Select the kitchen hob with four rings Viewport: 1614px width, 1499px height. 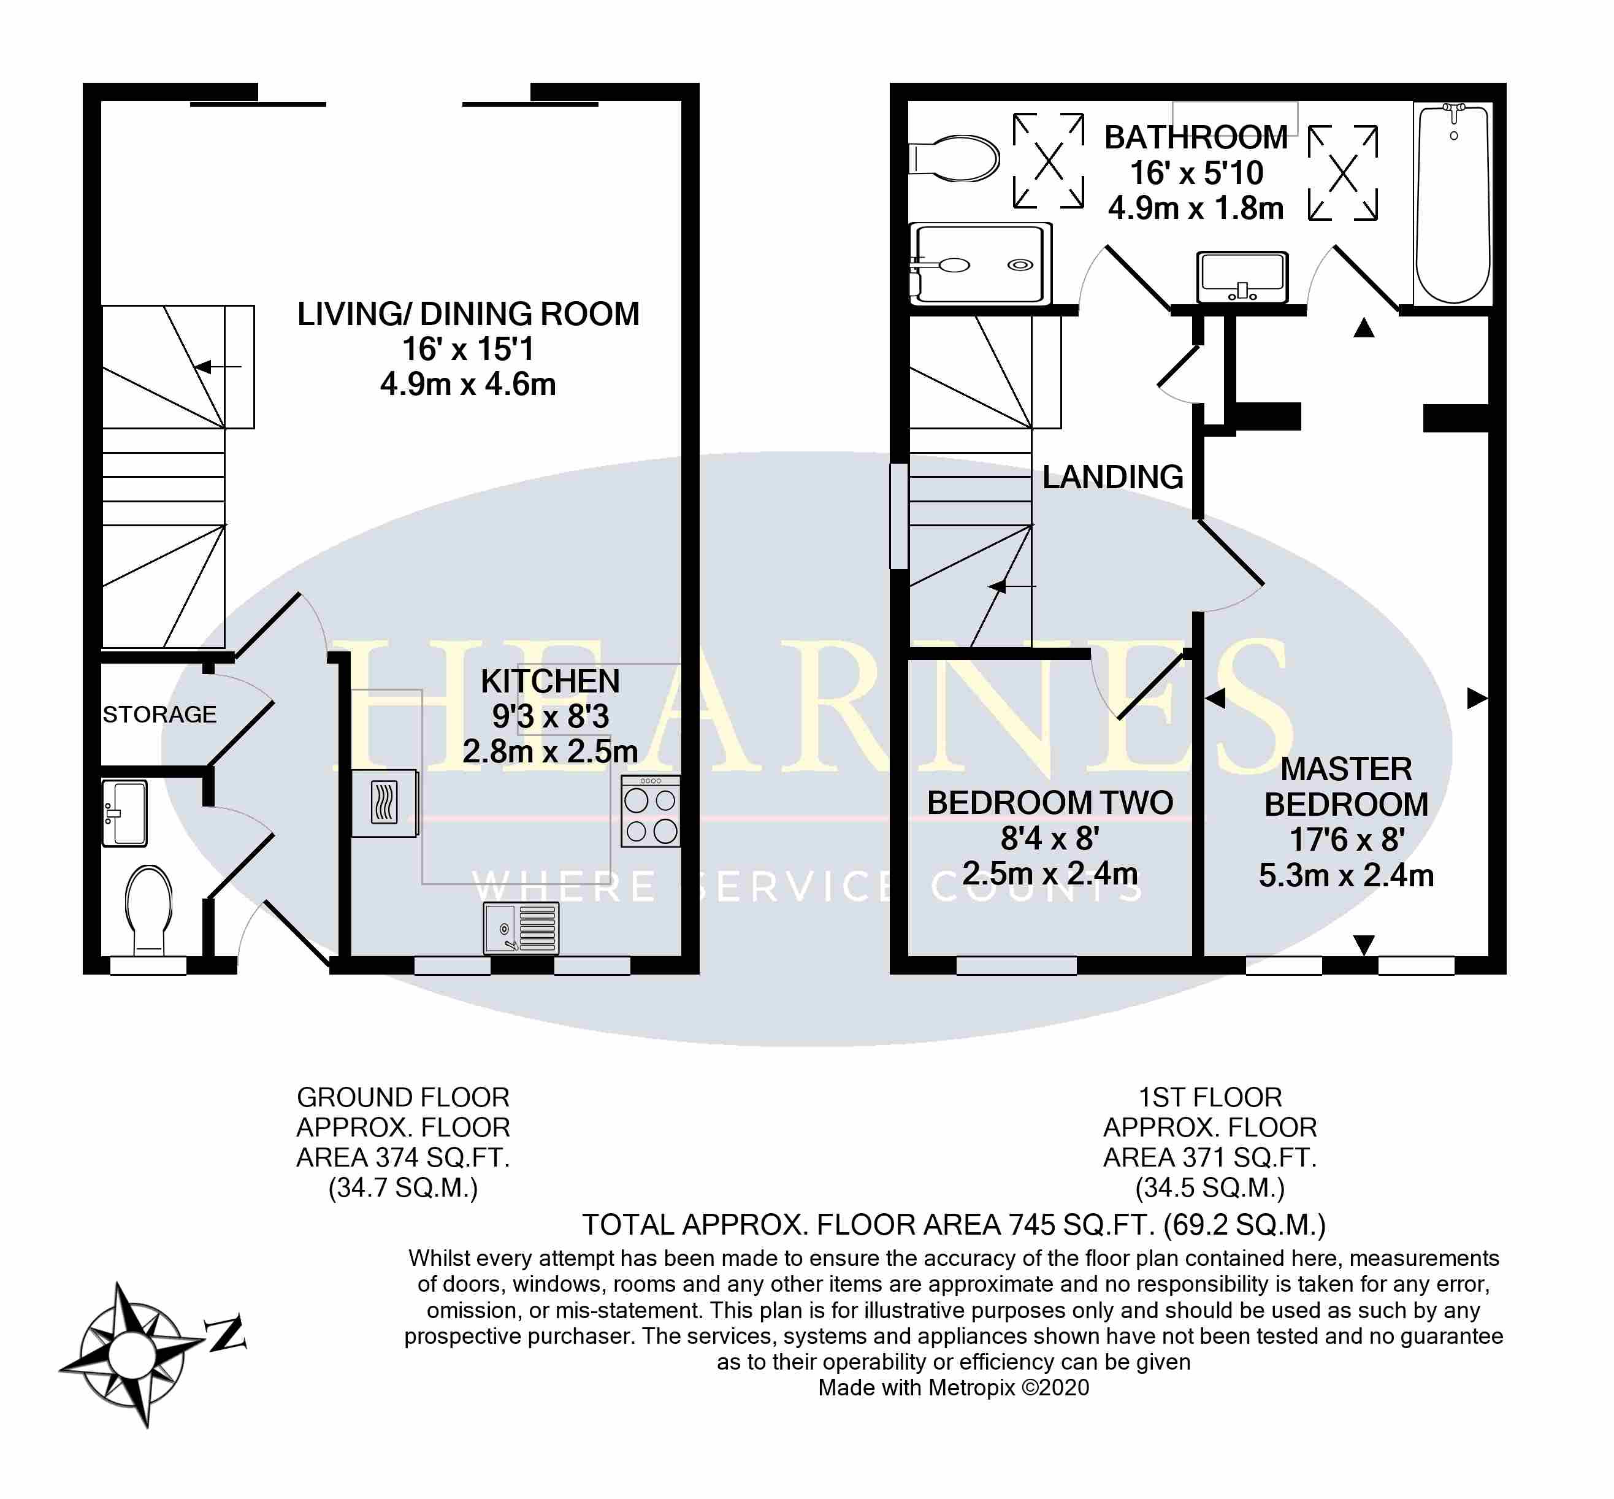point(651,812)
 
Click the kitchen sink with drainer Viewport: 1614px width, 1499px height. point(521,928)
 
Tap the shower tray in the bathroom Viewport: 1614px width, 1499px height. point(981,264)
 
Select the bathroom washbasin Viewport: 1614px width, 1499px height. point(1242,277)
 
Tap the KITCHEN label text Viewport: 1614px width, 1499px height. point(550,681)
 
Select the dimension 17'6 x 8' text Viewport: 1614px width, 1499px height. point(1347,840)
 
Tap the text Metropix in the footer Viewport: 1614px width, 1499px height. point(971,1388)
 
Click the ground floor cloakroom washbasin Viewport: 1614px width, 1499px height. point(124,813)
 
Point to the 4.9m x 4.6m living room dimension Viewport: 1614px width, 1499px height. point(468,385)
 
